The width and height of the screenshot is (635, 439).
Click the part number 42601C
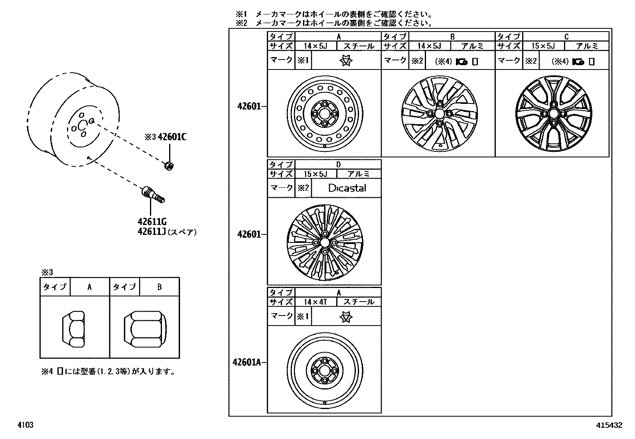click(x=172, y=137)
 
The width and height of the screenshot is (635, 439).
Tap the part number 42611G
click(x=152, y=222)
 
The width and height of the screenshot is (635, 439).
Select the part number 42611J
click(x=152, y=232)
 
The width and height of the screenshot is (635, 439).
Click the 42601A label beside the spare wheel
click(x=247, y=362)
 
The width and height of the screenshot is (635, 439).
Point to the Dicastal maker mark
click(x=347, y=188)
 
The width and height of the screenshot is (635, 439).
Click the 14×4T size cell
click(x=315, y=302)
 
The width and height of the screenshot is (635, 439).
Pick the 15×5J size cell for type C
click(x=543, y=46)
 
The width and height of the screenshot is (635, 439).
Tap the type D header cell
click(x=338, y=164)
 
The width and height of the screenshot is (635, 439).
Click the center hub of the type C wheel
click(x=552, y=114)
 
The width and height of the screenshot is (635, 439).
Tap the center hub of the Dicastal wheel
click(x=324, y=242)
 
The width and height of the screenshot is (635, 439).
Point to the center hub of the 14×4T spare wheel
click(x=324, y=370)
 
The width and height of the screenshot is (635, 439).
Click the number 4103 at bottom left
click(x=25, y=425)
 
